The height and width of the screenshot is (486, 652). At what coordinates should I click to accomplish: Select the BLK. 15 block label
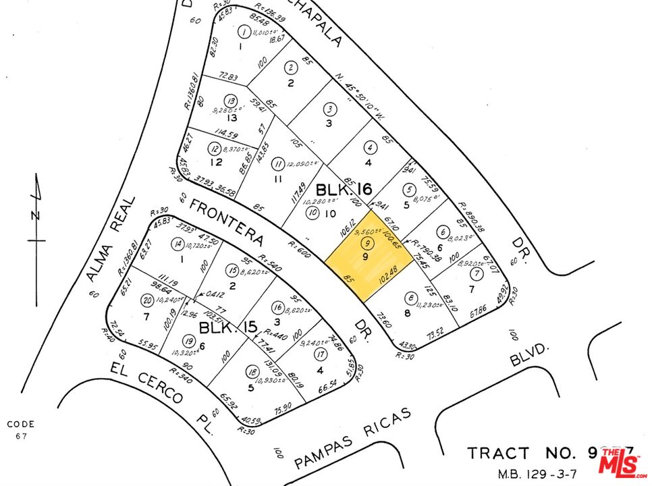227,329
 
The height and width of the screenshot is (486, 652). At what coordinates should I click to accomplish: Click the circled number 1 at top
243,30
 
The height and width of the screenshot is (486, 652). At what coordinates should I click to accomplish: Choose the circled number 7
477,273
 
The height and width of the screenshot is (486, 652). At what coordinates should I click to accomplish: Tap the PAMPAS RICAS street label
352,439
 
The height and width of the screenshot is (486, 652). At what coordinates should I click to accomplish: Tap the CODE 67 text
20,430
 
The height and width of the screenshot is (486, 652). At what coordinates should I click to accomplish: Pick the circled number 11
277,163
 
